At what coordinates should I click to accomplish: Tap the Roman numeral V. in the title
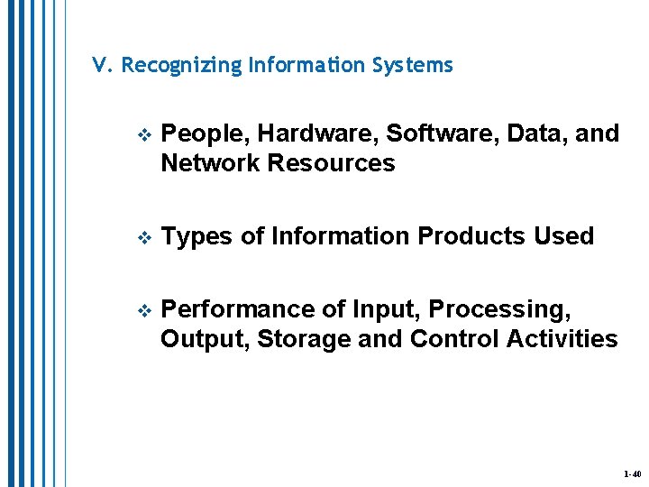click(x=102, y=66)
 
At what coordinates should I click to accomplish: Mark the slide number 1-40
click(x=631, y=473)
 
